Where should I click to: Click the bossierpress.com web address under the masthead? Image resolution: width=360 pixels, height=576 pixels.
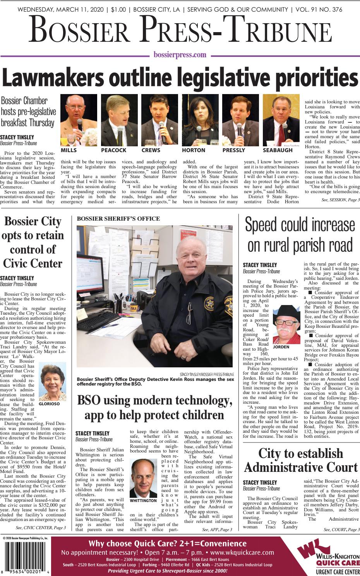point(180,55)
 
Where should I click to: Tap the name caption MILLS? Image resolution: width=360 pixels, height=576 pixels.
point(69,150)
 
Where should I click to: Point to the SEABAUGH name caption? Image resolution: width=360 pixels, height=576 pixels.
point(278,150)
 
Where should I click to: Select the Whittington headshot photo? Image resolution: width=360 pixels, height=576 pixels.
point(143,479)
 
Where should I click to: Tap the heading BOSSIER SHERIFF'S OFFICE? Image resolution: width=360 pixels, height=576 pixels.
point(118,219)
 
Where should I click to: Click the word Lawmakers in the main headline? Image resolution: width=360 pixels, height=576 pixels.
point(52,79)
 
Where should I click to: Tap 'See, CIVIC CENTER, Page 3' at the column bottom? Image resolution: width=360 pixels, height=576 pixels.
point(41,528)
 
